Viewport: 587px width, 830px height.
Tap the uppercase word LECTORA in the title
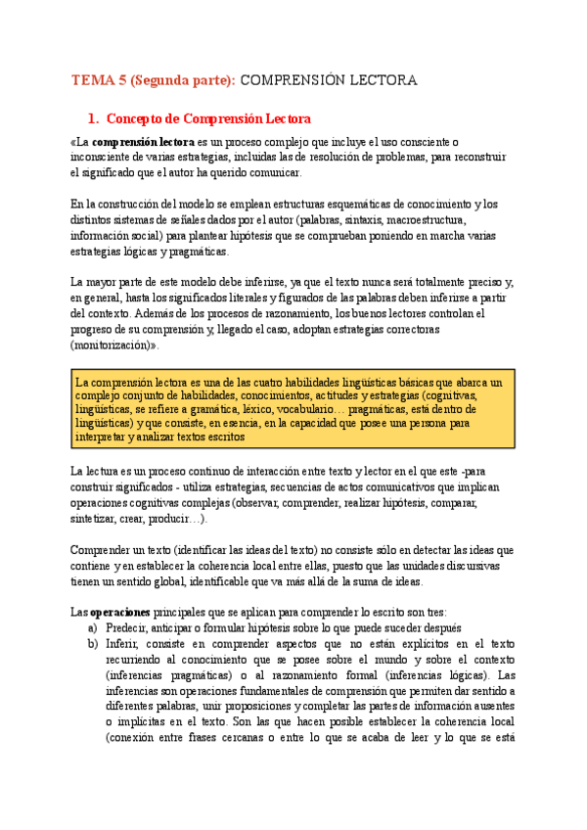point(384,79)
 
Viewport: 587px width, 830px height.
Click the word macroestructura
point(447,219)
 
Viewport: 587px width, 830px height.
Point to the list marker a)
point(93,628)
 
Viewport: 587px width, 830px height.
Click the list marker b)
point(93,644)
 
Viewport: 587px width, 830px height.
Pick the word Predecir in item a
point(128,628)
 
